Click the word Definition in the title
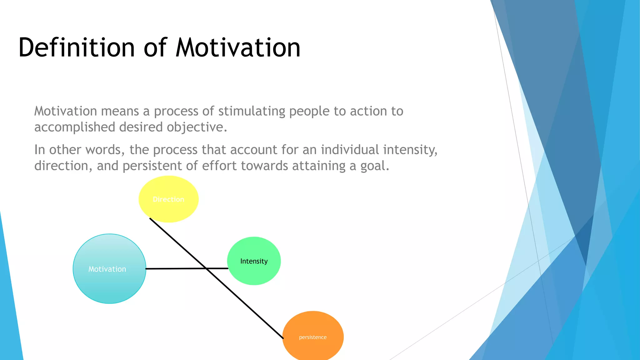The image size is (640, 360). pos(77,47)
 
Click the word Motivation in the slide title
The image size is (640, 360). pos(238,47)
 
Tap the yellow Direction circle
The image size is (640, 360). pos(168,199)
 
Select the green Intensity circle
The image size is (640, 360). pos(254,261)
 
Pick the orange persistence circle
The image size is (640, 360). pos(313,337)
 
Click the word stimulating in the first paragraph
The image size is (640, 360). pos(252,111)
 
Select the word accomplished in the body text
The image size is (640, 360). pos(75,127)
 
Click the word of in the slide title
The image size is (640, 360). pos(155,47)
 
